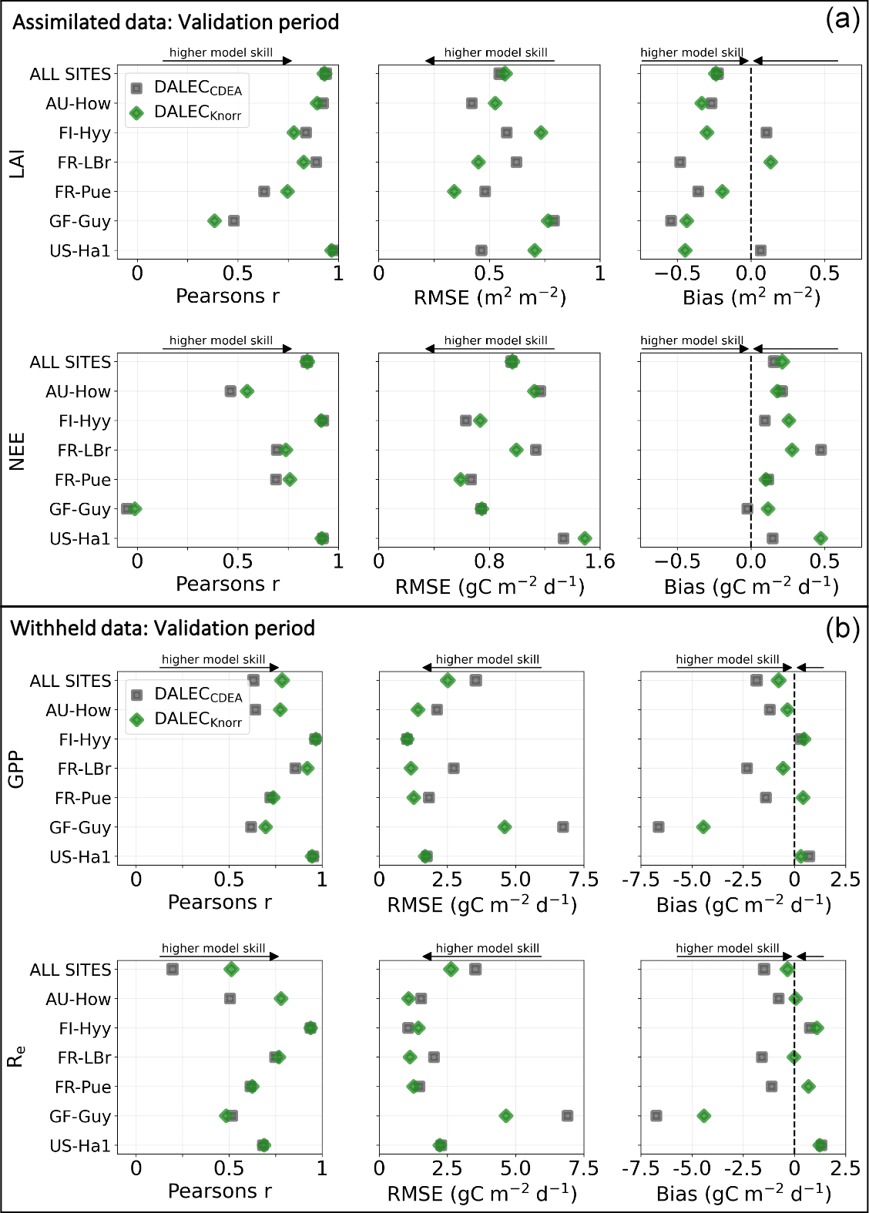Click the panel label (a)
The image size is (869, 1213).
click(842, 18)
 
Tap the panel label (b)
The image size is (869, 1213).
click(842, 628)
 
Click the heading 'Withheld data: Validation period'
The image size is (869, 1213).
click(163, 628)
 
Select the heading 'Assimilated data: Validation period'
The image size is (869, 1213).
click(176, 22)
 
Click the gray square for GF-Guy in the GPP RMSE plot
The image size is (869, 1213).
click(563, 827)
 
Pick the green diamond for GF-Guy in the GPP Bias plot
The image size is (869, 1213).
click(703, 827)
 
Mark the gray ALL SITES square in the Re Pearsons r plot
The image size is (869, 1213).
click(173, 969)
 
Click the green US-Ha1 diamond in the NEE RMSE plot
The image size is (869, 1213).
click(585, 538)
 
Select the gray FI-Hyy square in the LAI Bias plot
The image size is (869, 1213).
click(767, 132)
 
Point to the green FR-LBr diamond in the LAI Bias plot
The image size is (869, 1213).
click(770, 162)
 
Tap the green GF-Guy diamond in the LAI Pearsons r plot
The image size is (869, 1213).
click(215, 221)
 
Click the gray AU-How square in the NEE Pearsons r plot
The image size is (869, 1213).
click(230, 391)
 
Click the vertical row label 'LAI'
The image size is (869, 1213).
click(17, 163)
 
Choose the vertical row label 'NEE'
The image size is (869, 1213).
click(17, 451)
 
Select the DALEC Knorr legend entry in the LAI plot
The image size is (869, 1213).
click(187, 112)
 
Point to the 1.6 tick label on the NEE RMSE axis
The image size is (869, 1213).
click(599, 561)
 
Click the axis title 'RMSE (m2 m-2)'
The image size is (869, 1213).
click(490, 297)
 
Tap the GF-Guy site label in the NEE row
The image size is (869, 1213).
click(80, 509)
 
